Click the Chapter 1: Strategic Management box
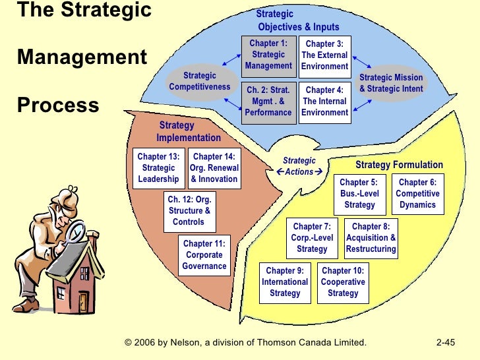pos(268,55)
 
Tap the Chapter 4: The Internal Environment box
pos(324,102)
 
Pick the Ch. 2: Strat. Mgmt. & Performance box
pos(268,102)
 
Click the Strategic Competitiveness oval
pos(200,81)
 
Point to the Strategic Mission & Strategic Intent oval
pos(391,83)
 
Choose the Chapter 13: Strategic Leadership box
pos(158,168)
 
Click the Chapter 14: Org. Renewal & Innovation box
pos(214,168)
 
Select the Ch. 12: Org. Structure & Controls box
pos(189,211)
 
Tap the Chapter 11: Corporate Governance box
pos(204,255)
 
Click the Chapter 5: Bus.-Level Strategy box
pos(359,194)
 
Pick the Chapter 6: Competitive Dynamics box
pos(417,194)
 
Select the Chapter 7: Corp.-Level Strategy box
pos(312,238)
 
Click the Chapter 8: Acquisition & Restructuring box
pos(371,238)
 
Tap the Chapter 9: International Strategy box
pos(285,282)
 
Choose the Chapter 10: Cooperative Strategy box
pos(343,282)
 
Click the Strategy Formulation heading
pos(399,165)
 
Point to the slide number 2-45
pos(446,342)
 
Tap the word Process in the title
pos(58,105)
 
